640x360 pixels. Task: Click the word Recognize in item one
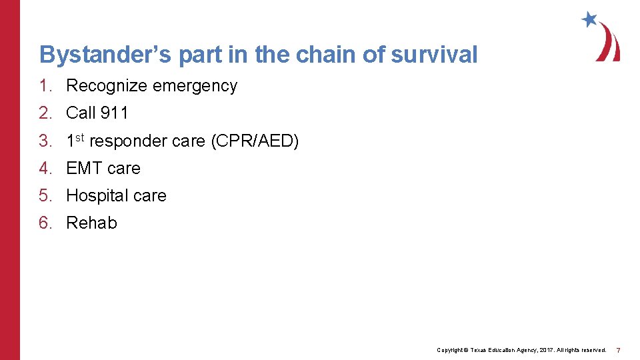click(106, 86)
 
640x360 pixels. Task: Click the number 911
click(114, 113)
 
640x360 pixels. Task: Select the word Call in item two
click(81, 113)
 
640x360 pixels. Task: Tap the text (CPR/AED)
click(255, 141)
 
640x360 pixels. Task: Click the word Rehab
click(91, 223)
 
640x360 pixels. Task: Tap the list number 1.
click(44, 86)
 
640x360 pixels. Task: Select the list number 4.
click(44, 168)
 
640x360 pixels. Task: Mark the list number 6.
click(44, 223)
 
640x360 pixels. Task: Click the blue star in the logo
click(589, 19)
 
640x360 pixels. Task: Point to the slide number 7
click(619, 350)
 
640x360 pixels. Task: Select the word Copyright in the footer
click(450, 350)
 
